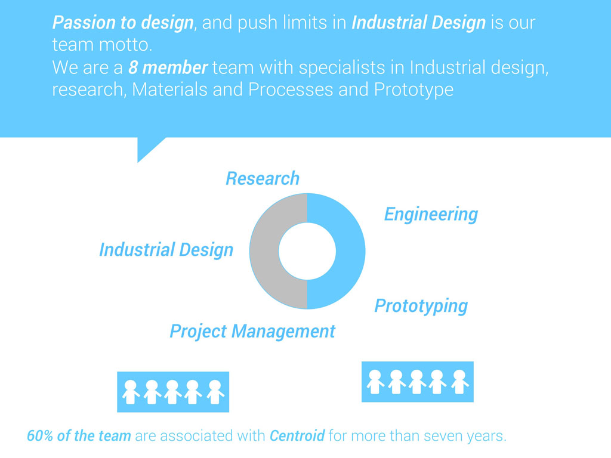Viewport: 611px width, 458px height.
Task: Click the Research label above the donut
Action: (x=263, y=178)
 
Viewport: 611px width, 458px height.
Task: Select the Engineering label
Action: (x=431, y=213)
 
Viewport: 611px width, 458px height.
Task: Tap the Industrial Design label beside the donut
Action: (x=166, y=249)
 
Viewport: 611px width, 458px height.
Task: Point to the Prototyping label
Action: (x=421, y=306)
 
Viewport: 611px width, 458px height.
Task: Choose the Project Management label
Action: (x=252, y=331)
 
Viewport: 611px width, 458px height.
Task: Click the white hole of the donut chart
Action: (x=307, y=250)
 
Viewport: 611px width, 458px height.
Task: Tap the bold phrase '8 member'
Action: (x=168, y=67)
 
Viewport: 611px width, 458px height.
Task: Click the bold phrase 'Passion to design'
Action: (x=123, y=23)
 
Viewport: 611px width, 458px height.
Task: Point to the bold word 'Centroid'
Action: (x=297, y=435)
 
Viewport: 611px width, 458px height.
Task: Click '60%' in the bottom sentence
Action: (x=41, y=435)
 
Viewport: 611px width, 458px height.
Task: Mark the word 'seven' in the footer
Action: (x=442, y=435)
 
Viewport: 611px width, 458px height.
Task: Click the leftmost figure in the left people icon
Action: (x=130, y=391)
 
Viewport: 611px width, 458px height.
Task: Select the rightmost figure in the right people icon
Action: (x=459, y=381)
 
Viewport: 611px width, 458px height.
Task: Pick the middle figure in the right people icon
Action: (x=417, y=381)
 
